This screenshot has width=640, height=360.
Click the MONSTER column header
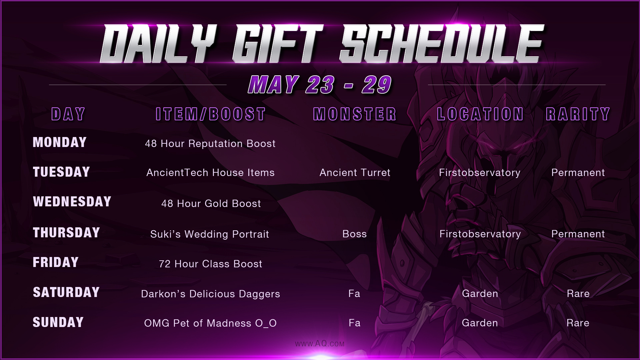[x=355, y=114]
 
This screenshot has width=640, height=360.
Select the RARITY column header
[x=578, y=114]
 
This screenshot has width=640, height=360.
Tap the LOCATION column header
[x=480, y=114]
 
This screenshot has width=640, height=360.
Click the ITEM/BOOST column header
[x=211, y=114]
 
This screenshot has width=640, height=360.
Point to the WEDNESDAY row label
[x=72, y=202]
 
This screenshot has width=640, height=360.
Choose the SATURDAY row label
[x=66, y=292]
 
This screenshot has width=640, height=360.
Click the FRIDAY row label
[x=56, y=262]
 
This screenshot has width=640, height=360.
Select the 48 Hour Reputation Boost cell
[x=210, y=144]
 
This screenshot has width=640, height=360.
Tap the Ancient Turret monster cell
[x=355, y=173]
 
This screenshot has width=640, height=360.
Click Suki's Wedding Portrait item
[x=210, y=234]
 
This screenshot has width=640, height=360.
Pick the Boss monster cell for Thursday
[x=355, y=234]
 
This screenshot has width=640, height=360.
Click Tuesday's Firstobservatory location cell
[x=480, y=173]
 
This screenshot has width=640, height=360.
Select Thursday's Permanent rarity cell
[x=578, y=234]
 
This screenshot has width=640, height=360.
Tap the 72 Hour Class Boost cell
[x=211, y=264]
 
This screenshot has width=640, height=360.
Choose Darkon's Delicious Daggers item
[x=211, y=294]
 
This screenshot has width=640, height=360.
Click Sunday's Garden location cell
[x=480, y=323]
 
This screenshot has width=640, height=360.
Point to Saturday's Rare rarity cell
[x=578, y=294]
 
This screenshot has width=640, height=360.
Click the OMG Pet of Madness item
[x=210, y=323]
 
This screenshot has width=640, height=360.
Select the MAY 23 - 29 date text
[x=320, y=85]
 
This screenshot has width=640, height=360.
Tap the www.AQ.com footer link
[x=320, y=344]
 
